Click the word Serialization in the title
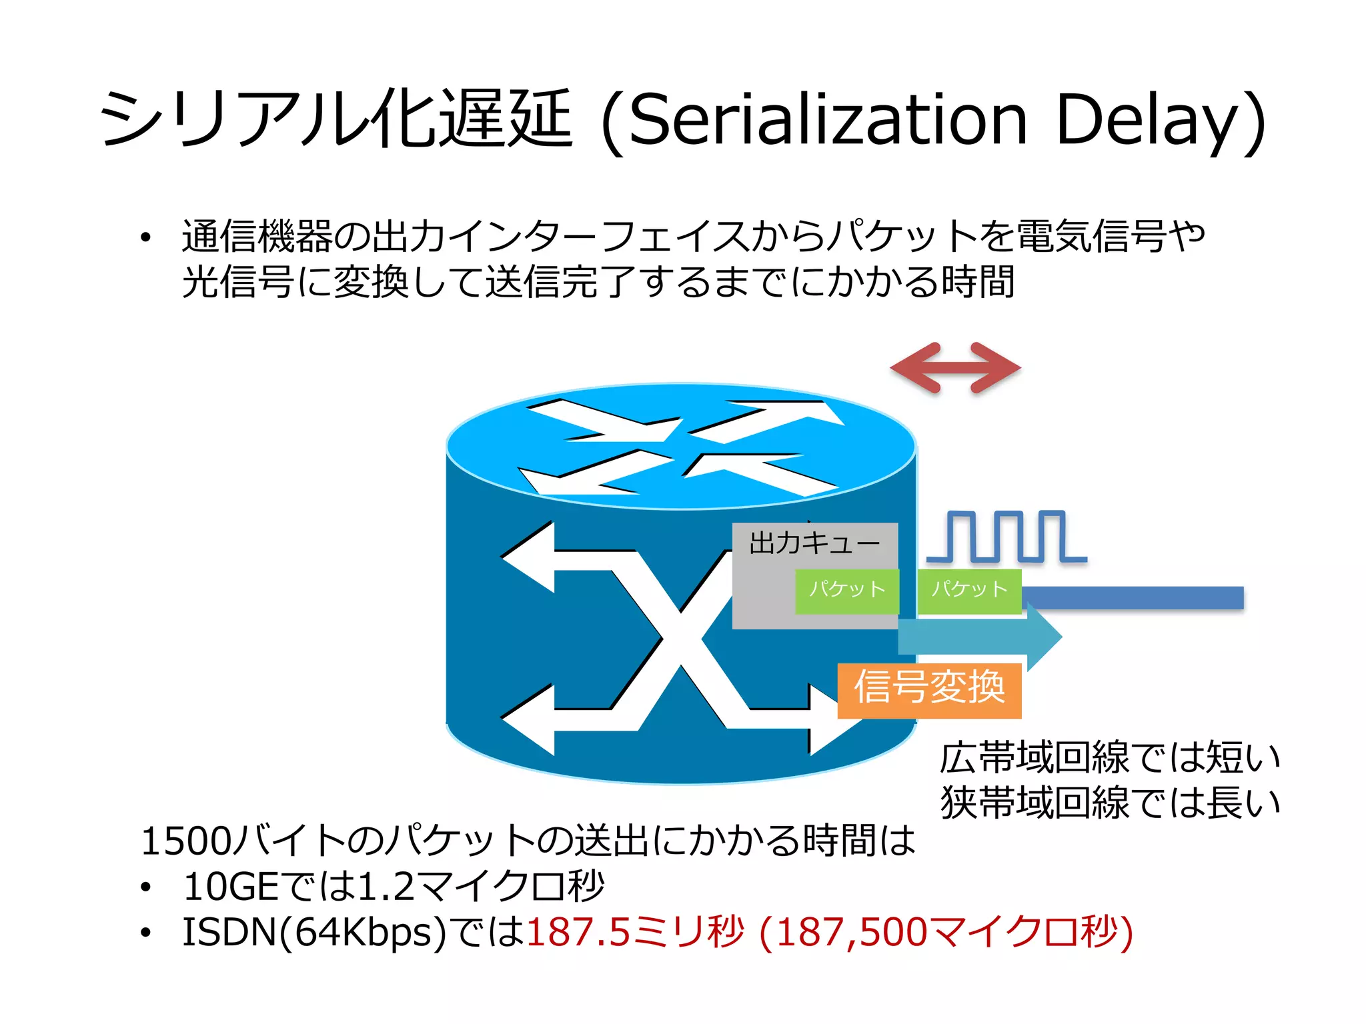(x=827, y=120)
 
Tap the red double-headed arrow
(x=955, y=367)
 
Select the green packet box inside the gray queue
(x=846, y=590)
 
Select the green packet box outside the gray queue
(x=969, y=590)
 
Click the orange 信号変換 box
(x=929, y=690)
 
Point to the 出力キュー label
(x=814, y=543)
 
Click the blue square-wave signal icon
(x=1006, y=537)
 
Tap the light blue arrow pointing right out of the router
(x=980, y=637)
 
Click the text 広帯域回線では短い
(x=1109, y=758)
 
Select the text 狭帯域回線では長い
(x=1109, y=803)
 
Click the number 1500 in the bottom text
(x=185, y=841)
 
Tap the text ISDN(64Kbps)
(x=313, y=932)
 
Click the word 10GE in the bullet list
(x=230, y=887)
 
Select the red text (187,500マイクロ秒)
(x=946, y=932)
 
